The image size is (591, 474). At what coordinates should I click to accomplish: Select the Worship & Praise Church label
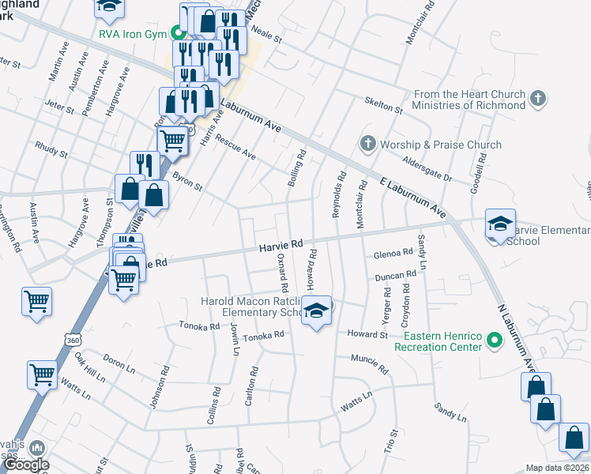click(441, 145)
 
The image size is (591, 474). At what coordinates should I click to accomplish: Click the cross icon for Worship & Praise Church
click(367, 145)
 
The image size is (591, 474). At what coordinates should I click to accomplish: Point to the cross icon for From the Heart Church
click(537, 100)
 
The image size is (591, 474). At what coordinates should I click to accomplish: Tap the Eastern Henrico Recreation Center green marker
click(495, 341)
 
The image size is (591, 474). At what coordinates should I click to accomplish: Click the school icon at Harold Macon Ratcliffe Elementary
click(317, 312)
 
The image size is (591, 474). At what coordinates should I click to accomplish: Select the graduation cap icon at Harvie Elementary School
click(500, 224)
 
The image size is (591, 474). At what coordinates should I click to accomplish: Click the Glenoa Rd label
click(393, 253)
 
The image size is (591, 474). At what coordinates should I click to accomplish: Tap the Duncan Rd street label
click(395, 276)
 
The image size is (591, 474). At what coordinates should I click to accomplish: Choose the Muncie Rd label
click(371, 364)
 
